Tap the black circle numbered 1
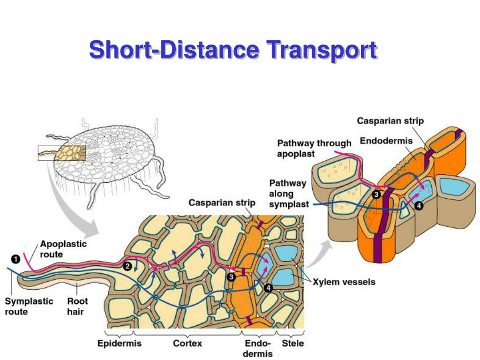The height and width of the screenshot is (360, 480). pos(15,258)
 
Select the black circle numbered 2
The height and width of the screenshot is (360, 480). pos(127,266)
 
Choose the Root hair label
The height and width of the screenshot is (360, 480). pos(77,306)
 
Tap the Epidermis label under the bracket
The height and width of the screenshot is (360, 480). pos(119,343)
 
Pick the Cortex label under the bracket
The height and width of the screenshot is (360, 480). pos(187,343)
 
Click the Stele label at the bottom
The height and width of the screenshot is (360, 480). pos(292,343)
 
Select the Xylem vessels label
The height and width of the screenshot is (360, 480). pos(344,282)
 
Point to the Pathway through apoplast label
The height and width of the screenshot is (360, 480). pos(314,148)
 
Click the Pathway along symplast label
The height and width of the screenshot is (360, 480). pos(289,194)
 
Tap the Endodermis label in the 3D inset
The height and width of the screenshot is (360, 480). pos(386,141)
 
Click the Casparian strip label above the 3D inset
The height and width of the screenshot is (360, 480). pos(390,121)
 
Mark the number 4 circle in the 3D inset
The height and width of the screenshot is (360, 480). pos(419,205)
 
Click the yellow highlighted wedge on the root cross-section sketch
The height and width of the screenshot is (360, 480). pos(70,153)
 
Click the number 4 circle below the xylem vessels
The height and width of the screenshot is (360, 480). pos(269,288)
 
